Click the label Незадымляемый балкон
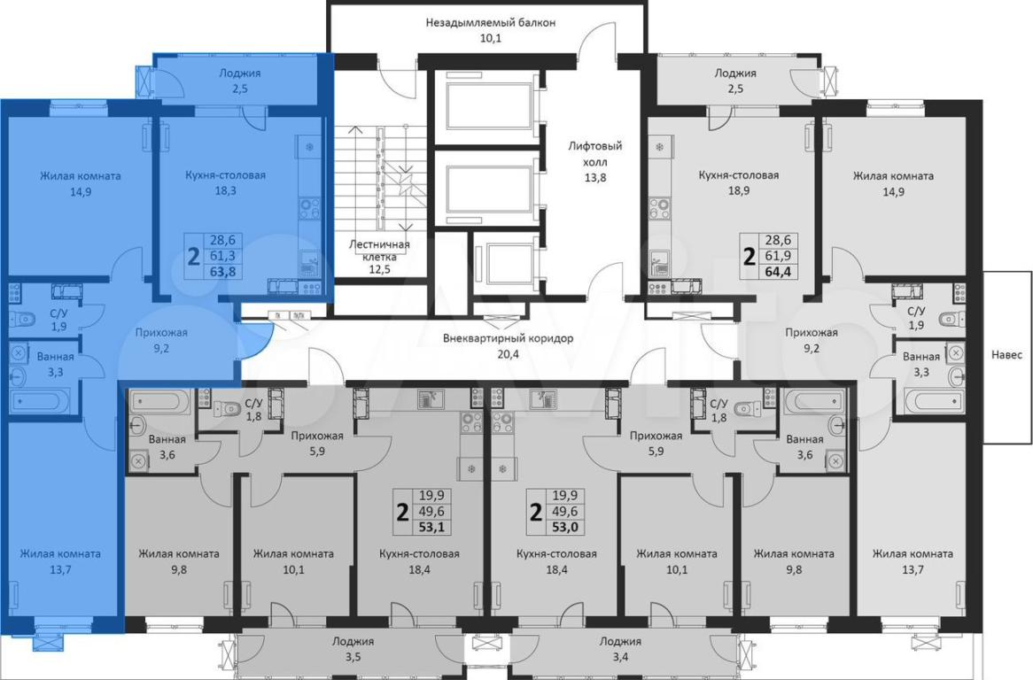(x=490, y=30)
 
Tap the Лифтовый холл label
(x=595, y=161)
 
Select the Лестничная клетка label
(x=379, y=256)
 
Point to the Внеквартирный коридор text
(x=508, y=346)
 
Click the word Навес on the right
(x=1006, y=355)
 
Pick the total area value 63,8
(x=222, y=271)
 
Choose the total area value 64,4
(x=778, y=271)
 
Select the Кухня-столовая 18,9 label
(x=739, y=183)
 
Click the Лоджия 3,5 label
(x=353, y=648)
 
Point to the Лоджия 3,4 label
(x=620, y=648)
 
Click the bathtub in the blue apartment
(x=40, y=401)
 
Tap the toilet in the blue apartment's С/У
(x=22, y=320)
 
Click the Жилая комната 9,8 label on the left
(x=179, y=561)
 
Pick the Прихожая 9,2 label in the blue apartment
(x=161, y=340)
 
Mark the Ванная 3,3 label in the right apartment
(x=921, y=364)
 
